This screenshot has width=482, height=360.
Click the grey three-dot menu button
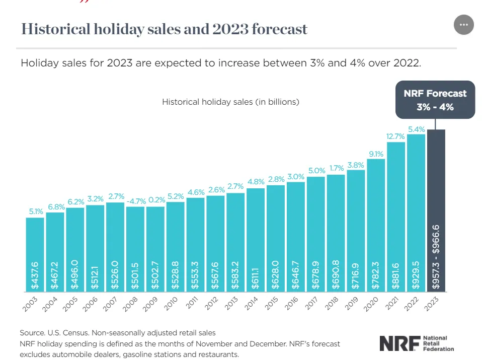(463, 25)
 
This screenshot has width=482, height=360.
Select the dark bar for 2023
(436, 210)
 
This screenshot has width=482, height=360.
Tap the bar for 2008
(135, 249)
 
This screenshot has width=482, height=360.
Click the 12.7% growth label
(395, 136)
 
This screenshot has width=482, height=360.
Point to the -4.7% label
(136, 201)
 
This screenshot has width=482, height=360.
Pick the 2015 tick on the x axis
(271, 304)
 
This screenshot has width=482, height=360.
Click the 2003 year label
(30, 304)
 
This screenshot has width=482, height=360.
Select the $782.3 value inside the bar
(376, 275)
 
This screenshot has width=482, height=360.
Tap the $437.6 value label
(35, 275)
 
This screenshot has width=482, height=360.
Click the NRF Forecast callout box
(435, 100)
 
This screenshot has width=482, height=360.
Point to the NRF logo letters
(400, 343)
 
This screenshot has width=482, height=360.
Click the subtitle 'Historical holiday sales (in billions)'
(230, 102)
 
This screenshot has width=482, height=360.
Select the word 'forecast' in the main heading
(279, 29)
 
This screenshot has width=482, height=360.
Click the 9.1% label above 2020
(376, 154)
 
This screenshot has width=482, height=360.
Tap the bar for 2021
(396, 217)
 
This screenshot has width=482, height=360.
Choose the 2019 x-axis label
(351, 304)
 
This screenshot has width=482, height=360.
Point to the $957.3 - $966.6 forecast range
(436, 257)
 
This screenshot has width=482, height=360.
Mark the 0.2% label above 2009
(157, 200)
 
